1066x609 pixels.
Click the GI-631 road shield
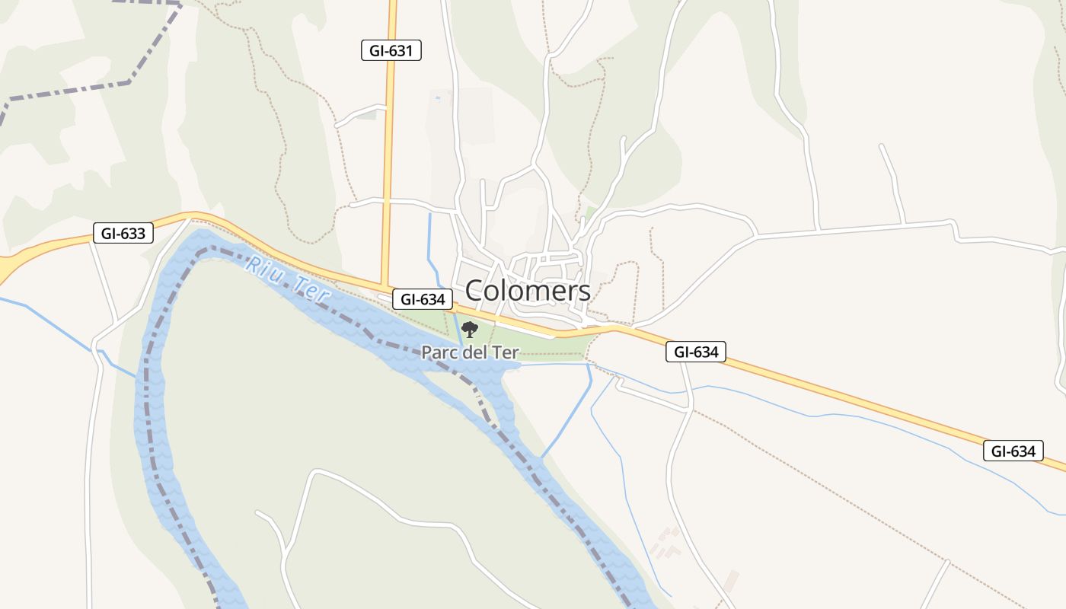click(x=391, y=51)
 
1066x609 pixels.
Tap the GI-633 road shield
click(x=123, y=233)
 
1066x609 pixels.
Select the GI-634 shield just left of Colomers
click(x=423, y=299)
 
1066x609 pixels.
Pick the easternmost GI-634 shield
click(x=1013, y=451)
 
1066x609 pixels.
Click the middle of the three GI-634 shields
click(x=696, y=352)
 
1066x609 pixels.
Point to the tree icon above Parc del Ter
click(x=470, y=330)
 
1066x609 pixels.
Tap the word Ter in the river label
click(x=311, y=291)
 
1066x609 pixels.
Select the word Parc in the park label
click(x=440, y=353)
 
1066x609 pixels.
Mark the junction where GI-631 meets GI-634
click(x=385, y=289)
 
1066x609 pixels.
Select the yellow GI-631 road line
click(x=390, y=152)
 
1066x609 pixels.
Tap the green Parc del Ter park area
click(x=548, y=346)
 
